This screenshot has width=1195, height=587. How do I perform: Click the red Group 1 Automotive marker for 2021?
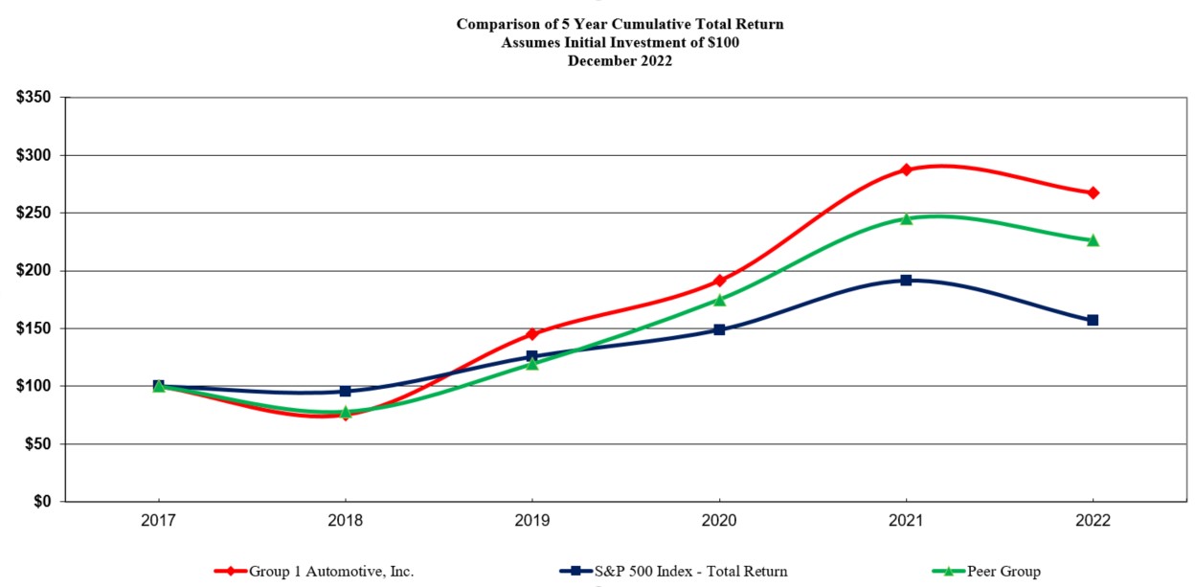click(906, 169)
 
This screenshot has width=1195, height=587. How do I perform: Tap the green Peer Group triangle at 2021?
click(906, 218)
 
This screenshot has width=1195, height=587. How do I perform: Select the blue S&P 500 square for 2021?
click(906, 280)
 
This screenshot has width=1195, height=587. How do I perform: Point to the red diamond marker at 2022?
click(1093, 192)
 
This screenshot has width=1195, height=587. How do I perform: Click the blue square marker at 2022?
click(1093, 320)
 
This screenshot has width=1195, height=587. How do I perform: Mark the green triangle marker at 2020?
click(719, 300)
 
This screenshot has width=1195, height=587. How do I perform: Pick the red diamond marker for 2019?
click(532, 334)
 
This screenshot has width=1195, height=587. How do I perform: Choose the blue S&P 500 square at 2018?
click(346, 391)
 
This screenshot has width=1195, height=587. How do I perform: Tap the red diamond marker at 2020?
click(719, 281)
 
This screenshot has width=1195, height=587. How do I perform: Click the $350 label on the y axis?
click(34, 98)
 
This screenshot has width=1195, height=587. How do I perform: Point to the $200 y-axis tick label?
click(34, 271)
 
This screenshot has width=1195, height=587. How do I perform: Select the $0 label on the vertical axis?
click(43, 502)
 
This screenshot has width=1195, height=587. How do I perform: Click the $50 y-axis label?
click(38, 444)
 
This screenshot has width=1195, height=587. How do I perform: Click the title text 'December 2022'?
click(620, 60)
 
